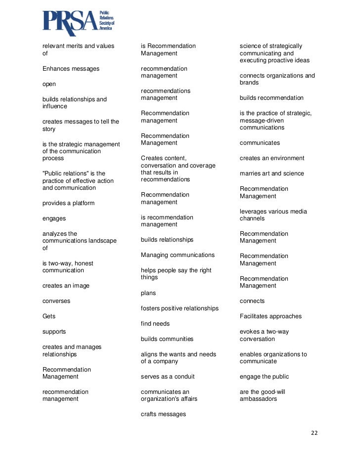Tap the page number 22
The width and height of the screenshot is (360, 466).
[x=314, y=433]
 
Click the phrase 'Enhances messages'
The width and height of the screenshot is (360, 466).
[x=71, y=69]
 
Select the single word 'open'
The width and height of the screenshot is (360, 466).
[x=49, y=84]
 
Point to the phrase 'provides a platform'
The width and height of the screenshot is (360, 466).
[x=68, y=203]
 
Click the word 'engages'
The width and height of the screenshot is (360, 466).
[x=54, y=218]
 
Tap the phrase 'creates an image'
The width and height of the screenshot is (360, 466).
[x=66, y=286]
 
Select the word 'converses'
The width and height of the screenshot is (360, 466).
[x=56, y=301]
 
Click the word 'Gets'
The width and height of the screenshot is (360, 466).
[x=49, y=316]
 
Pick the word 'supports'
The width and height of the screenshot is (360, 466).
[x=54, y=332]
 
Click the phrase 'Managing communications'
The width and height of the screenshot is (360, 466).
[x=178, y=255]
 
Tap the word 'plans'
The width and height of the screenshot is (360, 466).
[x=148, y=293]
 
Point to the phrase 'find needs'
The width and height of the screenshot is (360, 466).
[x=155, y=324]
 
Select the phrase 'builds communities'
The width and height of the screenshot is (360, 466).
[x=167, y=339]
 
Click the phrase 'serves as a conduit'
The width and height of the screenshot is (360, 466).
[x=168, y=377]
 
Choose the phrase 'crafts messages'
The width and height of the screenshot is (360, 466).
[x=163, y=414]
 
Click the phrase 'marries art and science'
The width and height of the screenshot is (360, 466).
[x=272, y=173]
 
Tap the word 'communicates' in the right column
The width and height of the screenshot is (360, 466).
[x=260, y=143]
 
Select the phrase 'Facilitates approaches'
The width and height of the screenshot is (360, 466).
[x=270, y=316]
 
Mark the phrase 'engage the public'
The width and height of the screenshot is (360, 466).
[x=264, y=377]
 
